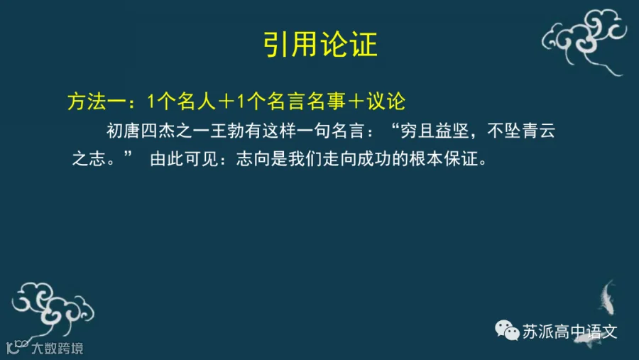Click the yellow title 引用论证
[320, 45]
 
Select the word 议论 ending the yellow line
[386, 102]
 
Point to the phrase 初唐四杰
[141, 131]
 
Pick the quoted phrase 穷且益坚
[435, 131]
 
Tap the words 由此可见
[184, 159]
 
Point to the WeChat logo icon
[507, 330]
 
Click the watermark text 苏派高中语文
[569, 332]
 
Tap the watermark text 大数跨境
[58, 348]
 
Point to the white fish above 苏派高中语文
[607, 297]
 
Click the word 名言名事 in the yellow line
[307, 102]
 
